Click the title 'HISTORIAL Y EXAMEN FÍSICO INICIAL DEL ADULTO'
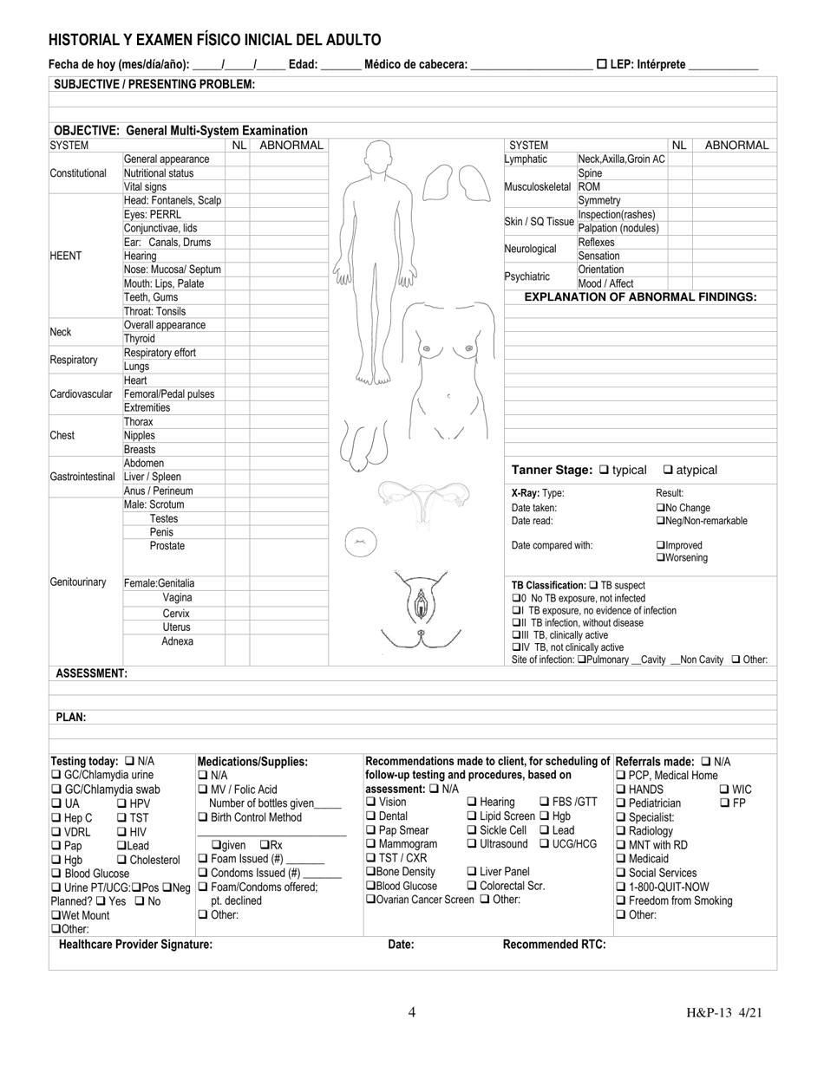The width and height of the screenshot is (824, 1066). [214, 40]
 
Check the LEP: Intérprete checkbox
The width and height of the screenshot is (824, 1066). [602, 64]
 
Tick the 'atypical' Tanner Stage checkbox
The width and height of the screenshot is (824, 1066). [669, 470]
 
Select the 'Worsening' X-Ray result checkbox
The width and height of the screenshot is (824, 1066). [661, 558]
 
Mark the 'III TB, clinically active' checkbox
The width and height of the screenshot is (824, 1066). [517, 635]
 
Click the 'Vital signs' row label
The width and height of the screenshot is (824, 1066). [145, 186]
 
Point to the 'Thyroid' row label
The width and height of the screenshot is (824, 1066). [139, 339]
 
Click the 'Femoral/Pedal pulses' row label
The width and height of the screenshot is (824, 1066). [169, 394]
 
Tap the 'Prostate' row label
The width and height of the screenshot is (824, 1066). [167, 546]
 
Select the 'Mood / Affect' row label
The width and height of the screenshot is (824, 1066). [605, 283]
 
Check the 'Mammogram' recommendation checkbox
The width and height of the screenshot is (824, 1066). [372, 844]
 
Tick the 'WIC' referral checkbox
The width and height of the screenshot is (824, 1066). [725, 790]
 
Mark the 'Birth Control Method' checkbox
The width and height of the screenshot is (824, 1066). [203, 817]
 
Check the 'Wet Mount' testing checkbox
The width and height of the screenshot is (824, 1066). [56, 915]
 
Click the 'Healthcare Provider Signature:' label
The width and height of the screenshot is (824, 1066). [135, 945]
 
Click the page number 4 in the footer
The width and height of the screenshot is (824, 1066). [412, 1011]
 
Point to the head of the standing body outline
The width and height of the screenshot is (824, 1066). [375, 157]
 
